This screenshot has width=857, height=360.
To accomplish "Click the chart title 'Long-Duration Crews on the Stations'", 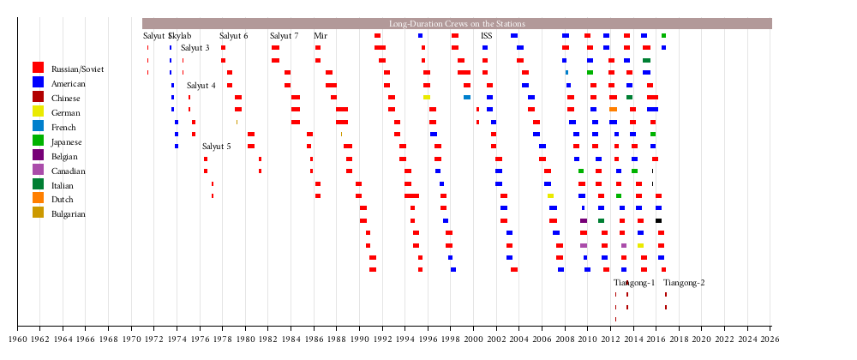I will [x=457, y=24].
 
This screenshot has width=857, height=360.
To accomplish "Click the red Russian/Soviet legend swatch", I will [x=38, y=68].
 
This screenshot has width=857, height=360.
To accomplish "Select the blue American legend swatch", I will [x=38, y=82].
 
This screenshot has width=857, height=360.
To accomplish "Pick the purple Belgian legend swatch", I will [x=38, y=155].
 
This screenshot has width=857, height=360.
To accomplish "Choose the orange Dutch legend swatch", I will [x=38, y=199].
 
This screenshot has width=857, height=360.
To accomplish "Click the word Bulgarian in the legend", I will [x=69, y=214].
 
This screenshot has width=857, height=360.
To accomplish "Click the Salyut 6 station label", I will [x=234, y=36].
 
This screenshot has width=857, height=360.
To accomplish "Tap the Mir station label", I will [x=321, y=36].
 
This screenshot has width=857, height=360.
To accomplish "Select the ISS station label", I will [x=487, y=36].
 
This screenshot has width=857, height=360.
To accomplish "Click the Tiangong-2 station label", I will [x=684, y=283].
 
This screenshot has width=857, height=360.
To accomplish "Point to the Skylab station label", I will [x=181, y=36].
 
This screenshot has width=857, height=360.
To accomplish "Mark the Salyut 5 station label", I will [x=217, y=147].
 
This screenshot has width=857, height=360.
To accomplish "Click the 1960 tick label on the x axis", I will [x=17, y=340].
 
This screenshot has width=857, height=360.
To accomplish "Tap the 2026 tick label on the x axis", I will [x=770, y=340].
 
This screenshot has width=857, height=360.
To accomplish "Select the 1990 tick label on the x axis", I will [x=359, y=340].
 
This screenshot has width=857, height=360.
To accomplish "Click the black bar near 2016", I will [x=658, y=221].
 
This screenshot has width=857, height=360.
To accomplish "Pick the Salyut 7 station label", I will [x=285, y=36].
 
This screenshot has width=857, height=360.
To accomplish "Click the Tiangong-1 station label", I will [x=634, y=283].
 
